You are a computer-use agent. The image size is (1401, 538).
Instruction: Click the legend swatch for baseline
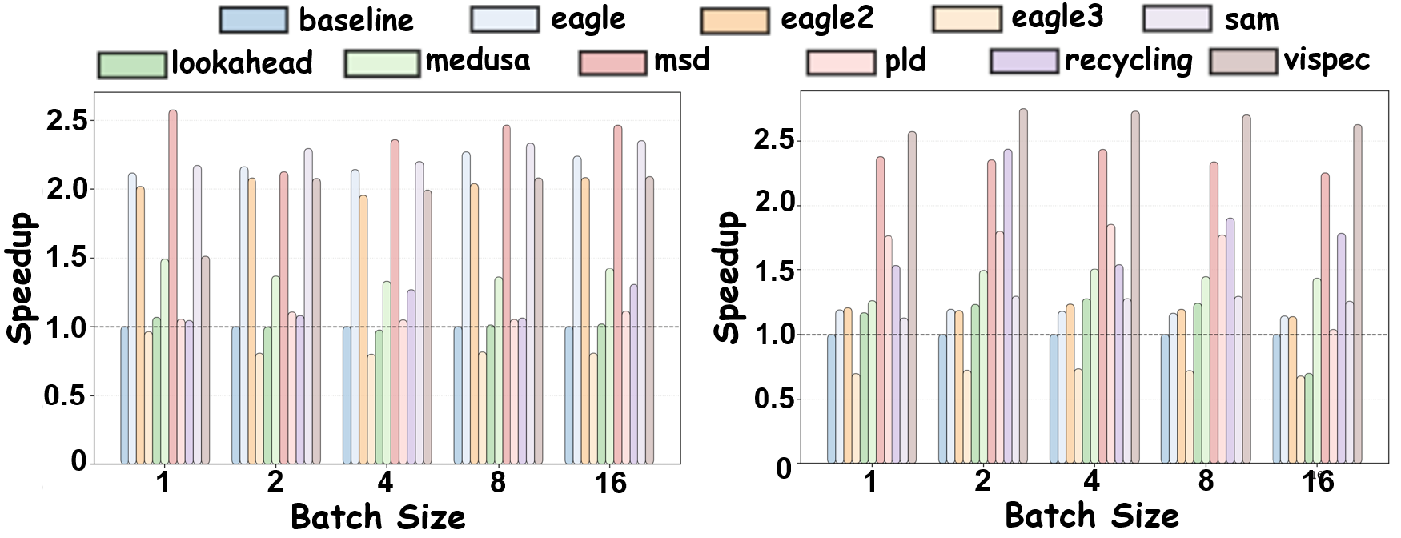[x=253, y=20]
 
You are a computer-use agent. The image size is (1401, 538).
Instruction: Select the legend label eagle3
[x=1057, y=18]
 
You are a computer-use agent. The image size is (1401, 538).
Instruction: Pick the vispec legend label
[x=1327, y=60]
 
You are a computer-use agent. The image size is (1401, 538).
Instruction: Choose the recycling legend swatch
[x=1024, y=62]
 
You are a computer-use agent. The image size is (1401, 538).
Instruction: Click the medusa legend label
[x=477, y=60]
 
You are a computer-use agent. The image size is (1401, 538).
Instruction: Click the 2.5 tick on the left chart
[x=66, y=121]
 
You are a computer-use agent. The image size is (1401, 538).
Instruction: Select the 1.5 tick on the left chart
[x=66, y=258]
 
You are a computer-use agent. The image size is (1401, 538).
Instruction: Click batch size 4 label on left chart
[x=386, y=483]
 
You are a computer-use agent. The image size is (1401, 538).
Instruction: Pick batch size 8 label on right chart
[x=1206, y=480]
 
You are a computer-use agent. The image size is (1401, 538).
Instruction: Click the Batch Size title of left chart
[x=378, y=517]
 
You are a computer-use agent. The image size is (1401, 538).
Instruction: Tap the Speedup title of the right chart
[x=728, y=278]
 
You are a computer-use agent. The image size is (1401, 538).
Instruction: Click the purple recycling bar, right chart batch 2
[x=1007, y=306]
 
